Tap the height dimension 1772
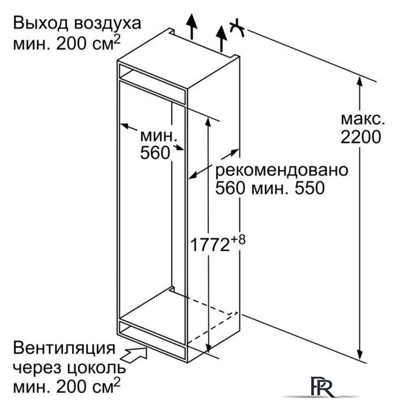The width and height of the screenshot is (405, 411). [210, 245]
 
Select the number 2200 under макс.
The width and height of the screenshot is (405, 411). [361, 137]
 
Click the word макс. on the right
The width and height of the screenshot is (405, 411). [363, 119]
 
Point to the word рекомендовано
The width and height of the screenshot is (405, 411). [282, 171]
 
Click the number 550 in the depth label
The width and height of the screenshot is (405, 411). [310, 188]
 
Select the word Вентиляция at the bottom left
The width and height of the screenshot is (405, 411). [64, 349]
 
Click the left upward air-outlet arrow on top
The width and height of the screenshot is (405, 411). [192, 26]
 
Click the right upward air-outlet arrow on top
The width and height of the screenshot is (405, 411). [222, 39]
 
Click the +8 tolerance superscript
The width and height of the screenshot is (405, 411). [238, 240]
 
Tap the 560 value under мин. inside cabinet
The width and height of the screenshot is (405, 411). [155, 153]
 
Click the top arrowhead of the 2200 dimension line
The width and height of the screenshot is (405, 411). [360, 82]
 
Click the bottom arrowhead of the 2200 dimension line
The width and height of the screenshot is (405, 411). [360, 354]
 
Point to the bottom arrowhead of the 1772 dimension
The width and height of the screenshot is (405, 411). [208, 347]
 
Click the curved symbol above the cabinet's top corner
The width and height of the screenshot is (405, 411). [237, 28]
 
